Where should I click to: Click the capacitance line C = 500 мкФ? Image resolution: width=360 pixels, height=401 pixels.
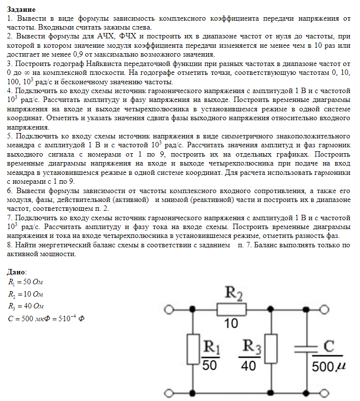click(47, 318)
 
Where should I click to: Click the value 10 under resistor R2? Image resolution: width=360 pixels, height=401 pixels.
click(231, 324)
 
